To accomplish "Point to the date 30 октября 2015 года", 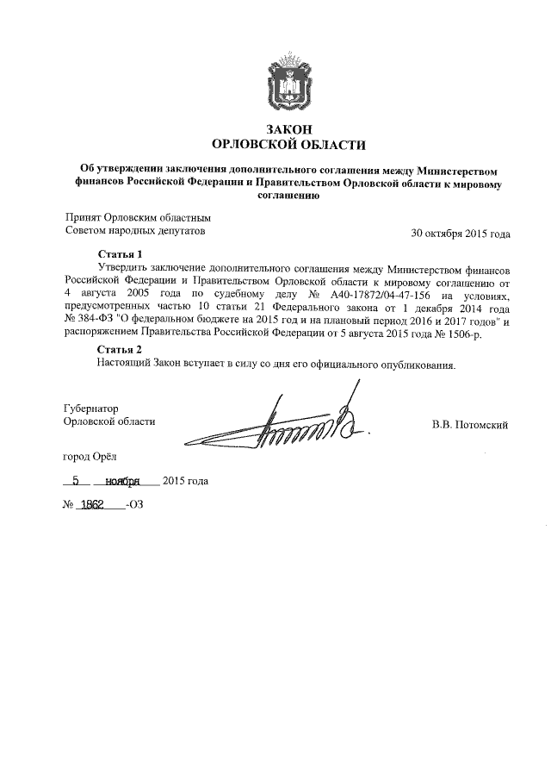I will point(461,233).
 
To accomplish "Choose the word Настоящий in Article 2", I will point(124,363).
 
